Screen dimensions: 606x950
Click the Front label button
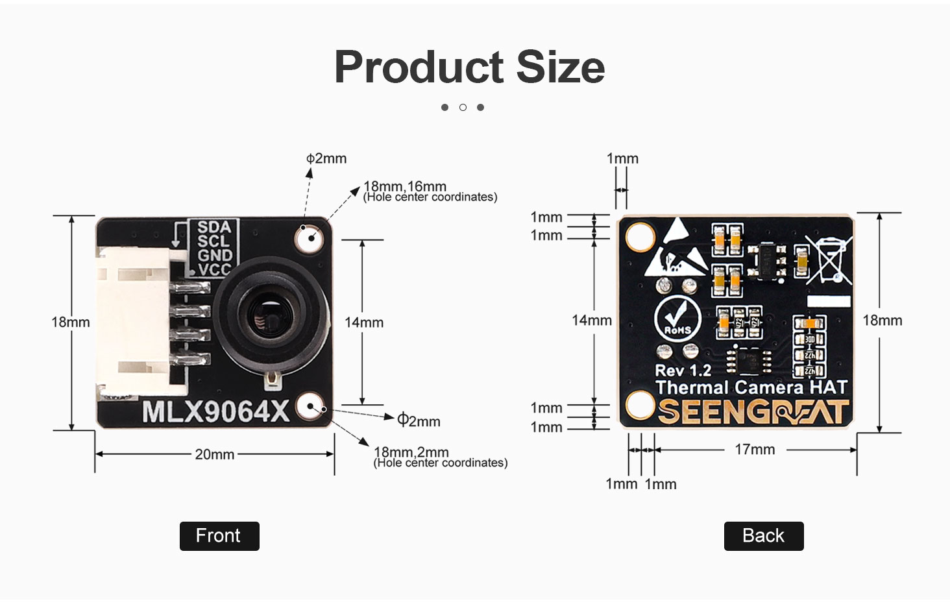[219, 536]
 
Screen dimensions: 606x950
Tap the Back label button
[763, 536]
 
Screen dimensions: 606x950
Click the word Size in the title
[561, 67]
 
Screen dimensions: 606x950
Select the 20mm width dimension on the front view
[214, 454]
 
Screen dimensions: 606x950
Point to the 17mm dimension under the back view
[755, 449]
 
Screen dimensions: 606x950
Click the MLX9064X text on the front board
[215, 412]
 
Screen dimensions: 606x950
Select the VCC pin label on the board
[214, 270]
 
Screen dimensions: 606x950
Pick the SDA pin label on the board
[214, 227]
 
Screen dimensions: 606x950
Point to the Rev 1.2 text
[683, 370]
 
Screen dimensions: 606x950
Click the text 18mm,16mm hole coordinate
[404, 186]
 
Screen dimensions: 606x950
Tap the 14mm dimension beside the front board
[364, 322]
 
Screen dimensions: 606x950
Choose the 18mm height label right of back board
[882, 321]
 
